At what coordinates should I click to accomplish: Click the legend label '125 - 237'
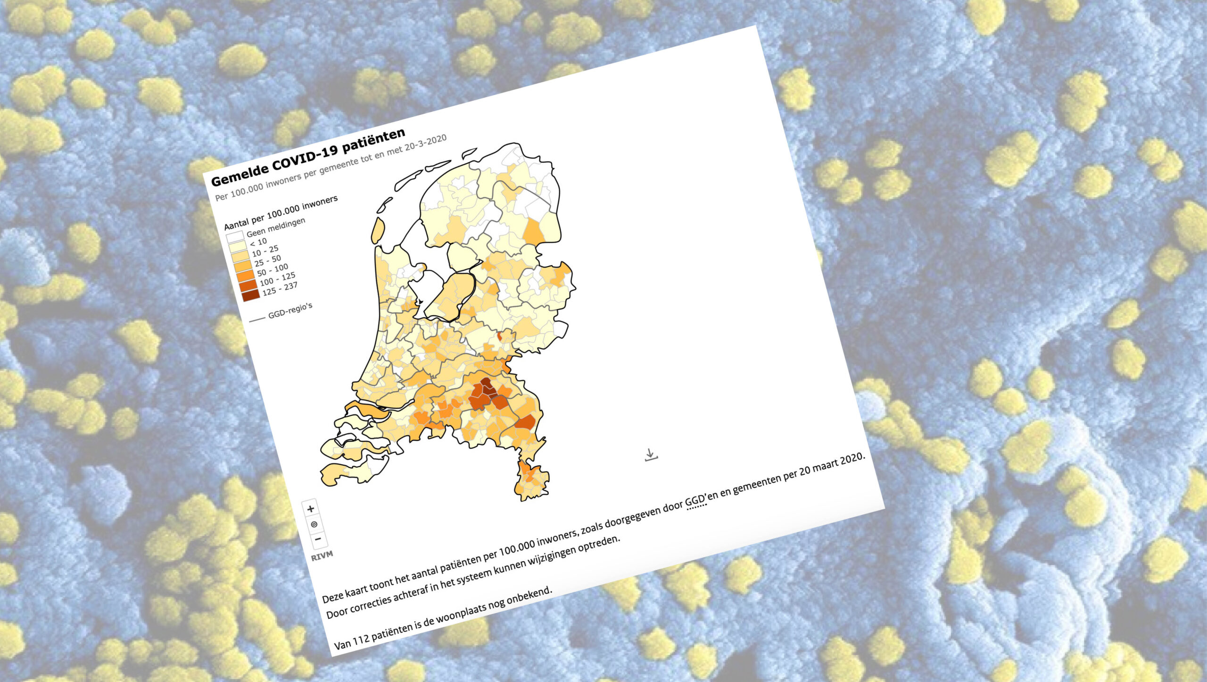[280, 288]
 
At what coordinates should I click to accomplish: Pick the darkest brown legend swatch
[250, 295]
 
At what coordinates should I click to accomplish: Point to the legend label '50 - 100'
[272, 269]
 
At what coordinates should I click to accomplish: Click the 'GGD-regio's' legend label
[290, 310]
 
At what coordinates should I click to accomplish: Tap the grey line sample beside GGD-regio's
[257, 319]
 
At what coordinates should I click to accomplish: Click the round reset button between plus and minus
[314, 524]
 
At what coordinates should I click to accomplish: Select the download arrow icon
[651, 455]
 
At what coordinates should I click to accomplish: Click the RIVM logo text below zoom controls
[322, 556]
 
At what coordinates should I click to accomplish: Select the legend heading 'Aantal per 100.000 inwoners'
[281, 212]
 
